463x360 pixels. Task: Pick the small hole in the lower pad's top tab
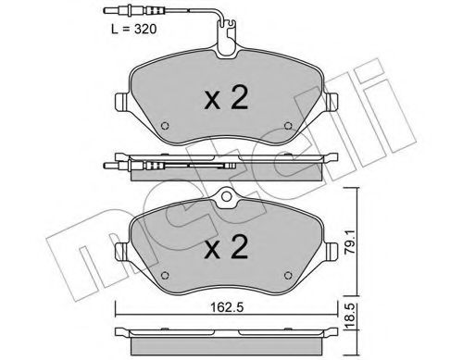coord(227,200)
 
